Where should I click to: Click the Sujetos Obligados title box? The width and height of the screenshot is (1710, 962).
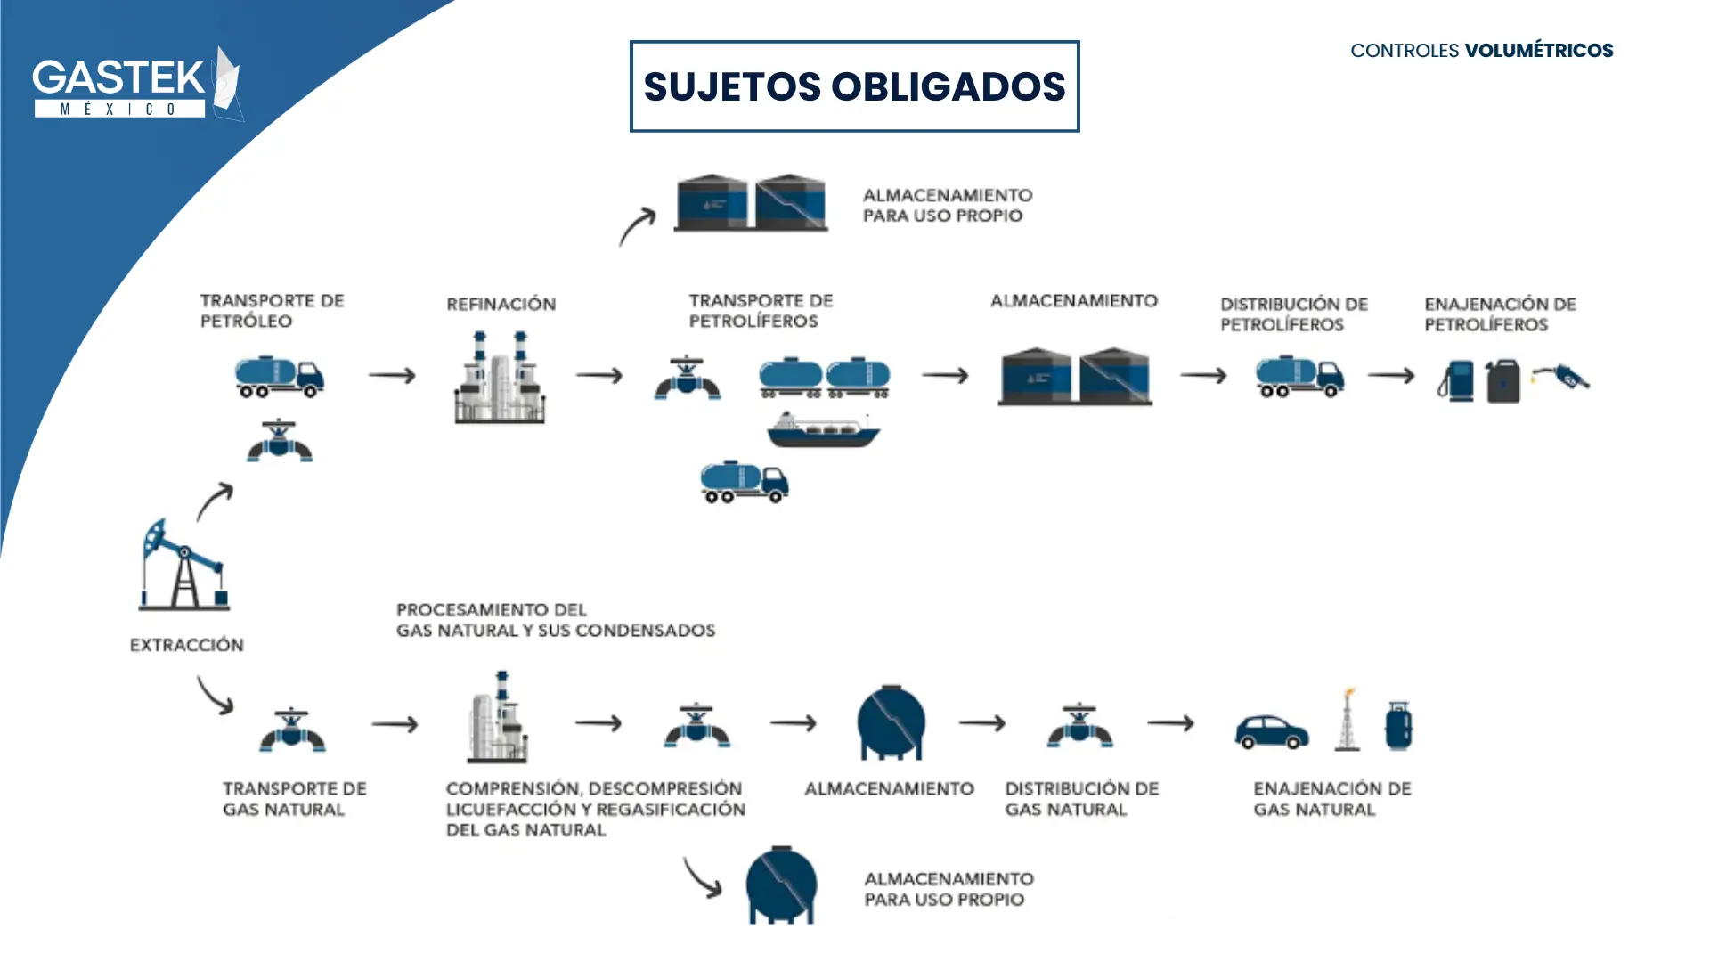point(854,86)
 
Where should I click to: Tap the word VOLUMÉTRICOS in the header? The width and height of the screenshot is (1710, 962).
point(1538,51)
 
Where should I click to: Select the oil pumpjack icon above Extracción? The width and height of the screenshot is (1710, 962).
point(183,565)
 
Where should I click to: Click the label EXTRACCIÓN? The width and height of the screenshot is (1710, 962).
point(186,645)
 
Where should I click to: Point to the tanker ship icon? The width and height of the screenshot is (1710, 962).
point(823,429)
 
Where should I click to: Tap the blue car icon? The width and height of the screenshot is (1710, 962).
point(1271,731)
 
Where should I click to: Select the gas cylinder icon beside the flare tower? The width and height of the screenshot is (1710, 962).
point(1398,725)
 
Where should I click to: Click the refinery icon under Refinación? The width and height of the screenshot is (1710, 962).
point(500,378)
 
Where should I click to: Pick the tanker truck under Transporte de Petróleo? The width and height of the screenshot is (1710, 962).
point(279,377)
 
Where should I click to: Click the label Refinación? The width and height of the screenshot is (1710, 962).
point(501,305)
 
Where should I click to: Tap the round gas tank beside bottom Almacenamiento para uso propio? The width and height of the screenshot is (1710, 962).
point(781,885)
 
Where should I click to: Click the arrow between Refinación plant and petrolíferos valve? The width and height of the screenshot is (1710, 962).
point(598,376)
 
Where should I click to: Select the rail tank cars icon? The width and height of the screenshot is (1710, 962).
point(824,378)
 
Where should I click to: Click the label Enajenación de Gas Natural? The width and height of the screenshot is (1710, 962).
point(1331,799)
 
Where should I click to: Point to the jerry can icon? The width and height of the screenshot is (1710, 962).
point(1503,381)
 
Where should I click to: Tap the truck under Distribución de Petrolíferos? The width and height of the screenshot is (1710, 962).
point(1299,376)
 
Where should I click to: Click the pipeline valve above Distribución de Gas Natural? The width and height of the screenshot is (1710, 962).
point(1079,725)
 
